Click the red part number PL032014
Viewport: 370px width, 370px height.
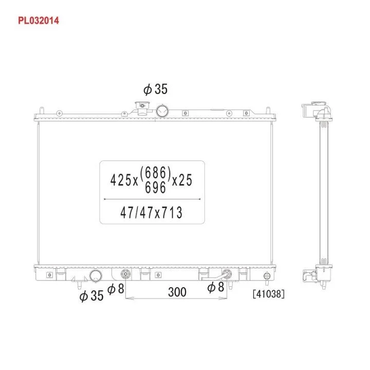pos(39,21)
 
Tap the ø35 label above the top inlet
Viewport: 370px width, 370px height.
pos(155,89)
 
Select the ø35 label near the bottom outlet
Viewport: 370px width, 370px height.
pos(91,295)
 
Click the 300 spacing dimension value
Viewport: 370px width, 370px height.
pos(177,292)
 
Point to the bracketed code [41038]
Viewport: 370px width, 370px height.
pos(269,294)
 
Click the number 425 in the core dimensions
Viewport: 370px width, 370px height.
pos(121,180)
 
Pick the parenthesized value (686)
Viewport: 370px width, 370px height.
pos(155,172)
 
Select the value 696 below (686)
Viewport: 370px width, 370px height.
pos(155,188)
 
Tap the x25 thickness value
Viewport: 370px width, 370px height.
pos(182,180)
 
